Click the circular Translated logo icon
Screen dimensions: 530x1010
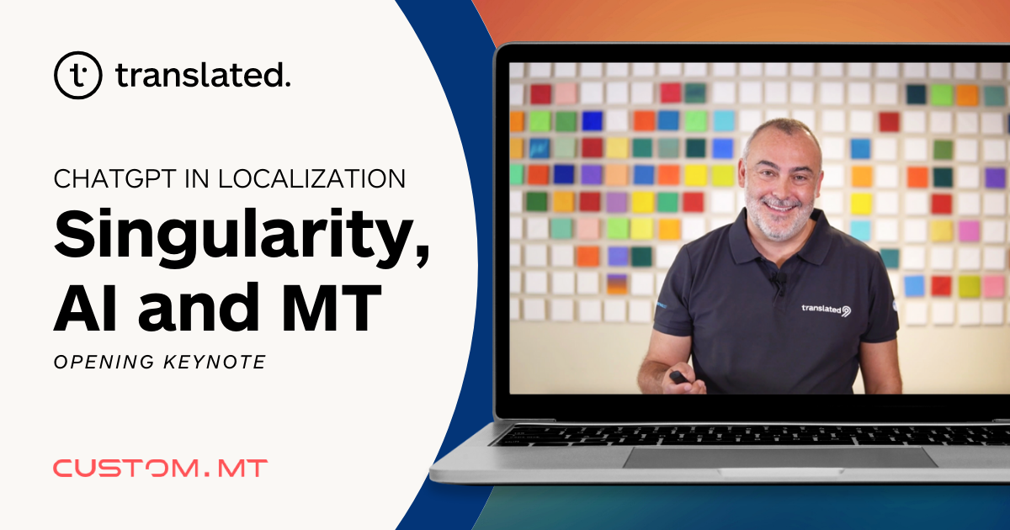(x=78, y=75)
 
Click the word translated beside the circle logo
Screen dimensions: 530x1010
(x=203, y=76)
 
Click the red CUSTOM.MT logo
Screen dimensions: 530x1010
(x=160, y=469)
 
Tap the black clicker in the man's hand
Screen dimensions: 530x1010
(x=678, y=378)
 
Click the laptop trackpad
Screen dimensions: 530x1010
(x=779, y=457)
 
